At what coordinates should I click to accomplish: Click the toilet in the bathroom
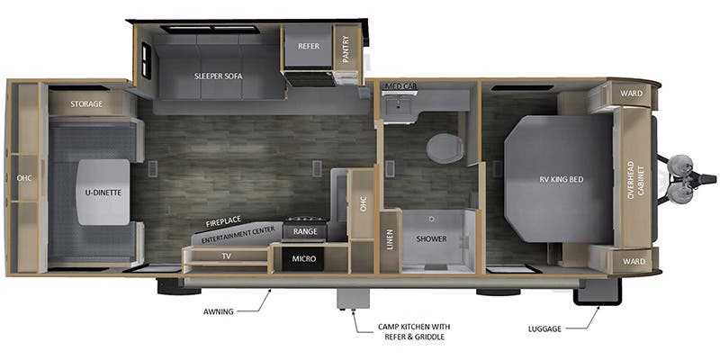coord(445,148)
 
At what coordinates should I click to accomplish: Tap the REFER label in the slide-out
coord(309,47)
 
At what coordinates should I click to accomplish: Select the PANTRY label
coord(346,49)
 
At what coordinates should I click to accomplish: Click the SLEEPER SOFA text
coord(218,76)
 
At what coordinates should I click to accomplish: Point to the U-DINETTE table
coord(103,192)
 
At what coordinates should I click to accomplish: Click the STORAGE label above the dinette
coord(86,104)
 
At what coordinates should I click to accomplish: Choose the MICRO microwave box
coord(304,259)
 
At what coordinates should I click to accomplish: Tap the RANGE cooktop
coord(305,230)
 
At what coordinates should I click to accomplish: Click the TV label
coord(227,256)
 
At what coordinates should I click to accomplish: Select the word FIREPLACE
coord(223,222)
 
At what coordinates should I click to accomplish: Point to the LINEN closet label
coord(390,239)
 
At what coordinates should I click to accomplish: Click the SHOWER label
coord(432,238)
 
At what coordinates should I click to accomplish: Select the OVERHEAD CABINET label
coord(635,179)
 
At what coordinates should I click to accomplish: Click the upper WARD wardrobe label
coord(632,94)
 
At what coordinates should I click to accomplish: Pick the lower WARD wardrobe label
coord(634,261)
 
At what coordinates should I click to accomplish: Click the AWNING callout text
coord(219,311)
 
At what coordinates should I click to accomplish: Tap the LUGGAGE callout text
coord(545,328)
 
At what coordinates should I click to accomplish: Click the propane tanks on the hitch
coord(679,179)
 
